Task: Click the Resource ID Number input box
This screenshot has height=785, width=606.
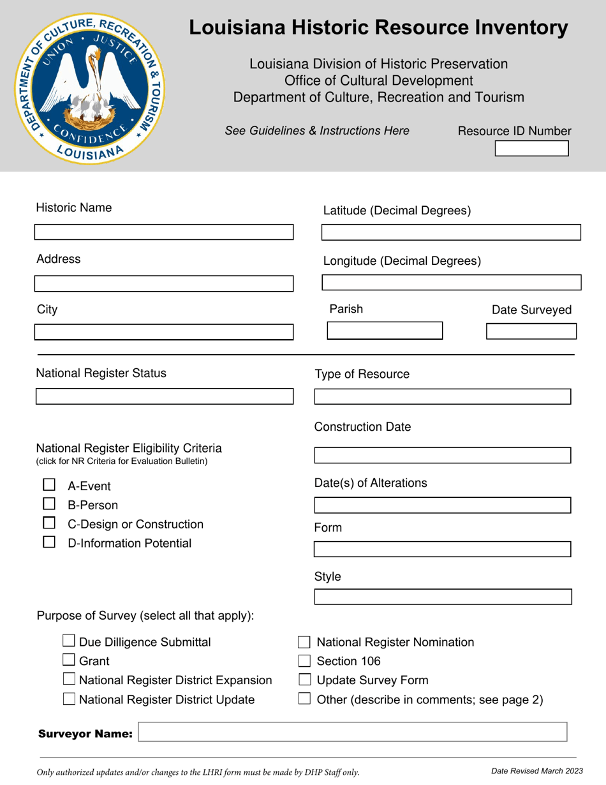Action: coord(531,149)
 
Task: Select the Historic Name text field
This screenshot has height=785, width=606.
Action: coord(164,232)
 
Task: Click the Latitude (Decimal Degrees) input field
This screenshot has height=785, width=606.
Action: coord(451,232)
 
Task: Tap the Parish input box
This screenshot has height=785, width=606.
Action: coord(385,331)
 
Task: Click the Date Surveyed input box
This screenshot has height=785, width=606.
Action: coord(531,331)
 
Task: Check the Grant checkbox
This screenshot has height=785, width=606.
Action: coord(70,661)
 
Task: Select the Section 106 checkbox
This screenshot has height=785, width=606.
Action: coord(305,661)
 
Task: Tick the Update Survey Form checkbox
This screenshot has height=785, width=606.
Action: coord(305,680)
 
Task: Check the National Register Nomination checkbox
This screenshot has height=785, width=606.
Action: coord(305,642)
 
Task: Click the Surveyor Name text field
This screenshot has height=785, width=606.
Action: coord(352,732)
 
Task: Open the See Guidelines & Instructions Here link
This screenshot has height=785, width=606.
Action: coord(317,131)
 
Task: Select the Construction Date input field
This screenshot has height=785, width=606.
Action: coord(443,455)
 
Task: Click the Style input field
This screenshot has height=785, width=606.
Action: coord(443,597)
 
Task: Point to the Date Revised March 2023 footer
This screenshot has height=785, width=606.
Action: coord(536,771)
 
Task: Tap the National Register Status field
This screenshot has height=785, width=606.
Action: coord(164,396)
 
